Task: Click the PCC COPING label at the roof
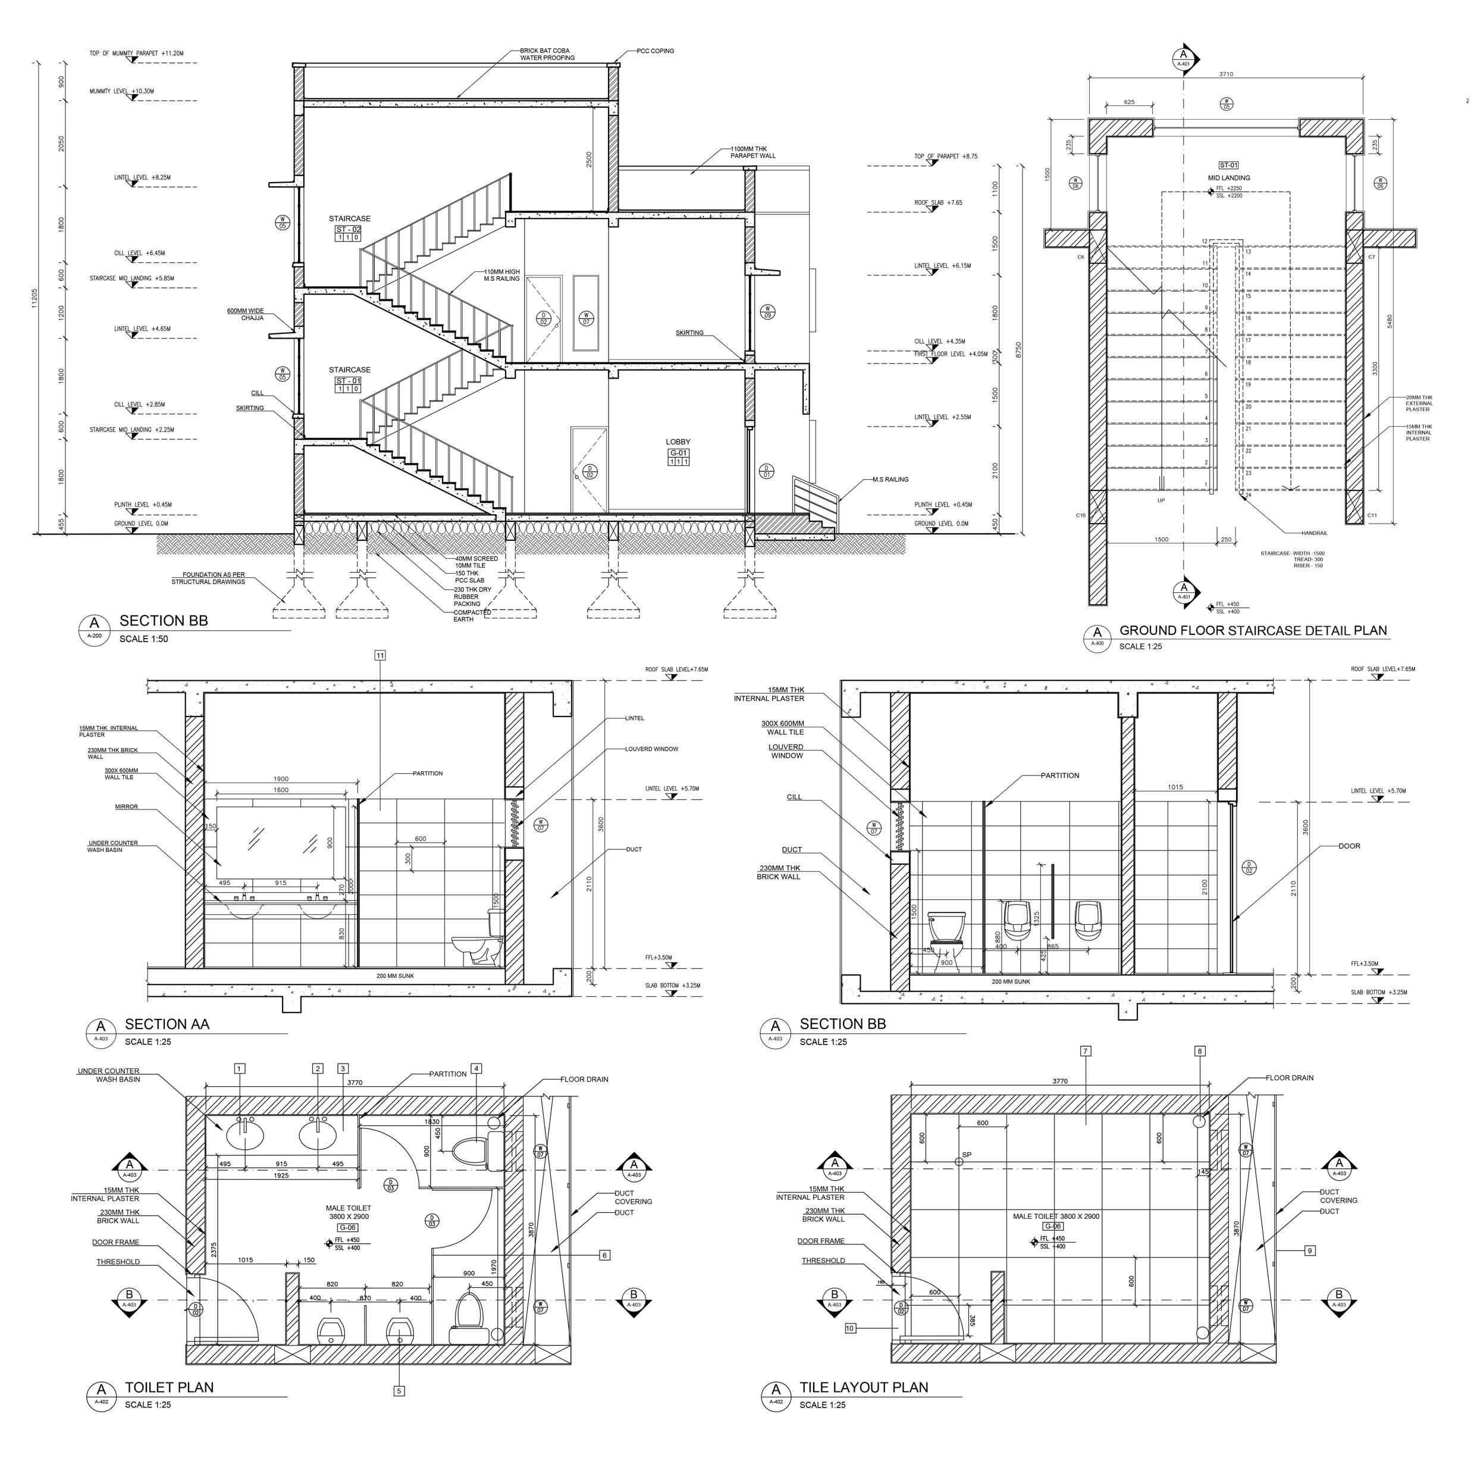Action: pyautogui.click(x=656, y=51)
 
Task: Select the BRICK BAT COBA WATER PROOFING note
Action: pyautogui.click(x=547, y=54)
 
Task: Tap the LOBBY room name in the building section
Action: pyautogui.click(x=678, y=442)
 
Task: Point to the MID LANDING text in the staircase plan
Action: pyautogui.click(x=1228, y=178)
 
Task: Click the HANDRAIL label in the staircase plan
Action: pyautogui.click(x=1314, y=533)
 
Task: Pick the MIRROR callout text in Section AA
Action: pyautogui.click(x=127, y=806)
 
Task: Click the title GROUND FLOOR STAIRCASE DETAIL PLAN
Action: pyautogui.click(x=1253, y=630)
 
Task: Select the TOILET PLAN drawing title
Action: pyautogui.click(x=170, y=1387)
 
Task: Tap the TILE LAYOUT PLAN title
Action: pyautogui.click(x=864, y=1387)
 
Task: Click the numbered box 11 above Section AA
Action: pyautogui.click(x=380, y=655)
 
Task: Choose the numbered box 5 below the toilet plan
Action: pyautogui.click(x=399, y=1391)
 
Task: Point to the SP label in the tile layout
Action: pyautogui.click(x=967, y=1155)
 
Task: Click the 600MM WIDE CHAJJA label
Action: pyautogui.click(x=245, y=314)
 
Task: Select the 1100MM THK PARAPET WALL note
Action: pyautogui.click(x=752, y=152)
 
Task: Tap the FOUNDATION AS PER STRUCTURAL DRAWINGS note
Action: pyautogui.click(x=208, y=578)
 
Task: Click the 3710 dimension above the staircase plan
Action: pyautogui.click(x=1225, y=74)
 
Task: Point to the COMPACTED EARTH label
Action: pyautogui.click(x=472, y=616)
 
